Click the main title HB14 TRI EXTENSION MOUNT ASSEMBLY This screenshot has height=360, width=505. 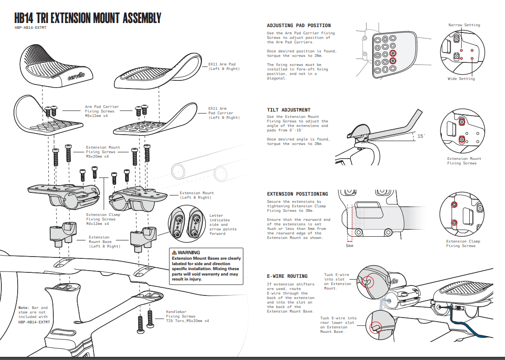tap(87, 19)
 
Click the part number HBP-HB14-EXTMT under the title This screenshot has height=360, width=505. tap(31, 28)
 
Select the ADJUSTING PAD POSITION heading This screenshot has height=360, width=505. tap(299, 26)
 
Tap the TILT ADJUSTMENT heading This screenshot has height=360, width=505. tap(289, 110)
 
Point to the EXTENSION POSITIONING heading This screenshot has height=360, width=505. tap(297, 194)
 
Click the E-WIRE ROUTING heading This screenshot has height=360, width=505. tap(287, 276)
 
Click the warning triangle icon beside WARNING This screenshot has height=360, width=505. tap(174, 252)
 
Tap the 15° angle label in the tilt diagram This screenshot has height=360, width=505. tap(421, 136)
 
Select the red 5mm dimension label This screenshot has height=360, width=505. tap(350, 246)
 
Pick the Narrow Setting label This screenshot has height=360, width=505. tap(464, 25)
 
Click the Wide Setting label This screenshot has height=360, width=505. tap(461, 79)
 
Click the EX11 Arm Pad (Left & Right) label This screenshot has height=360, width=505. tap(224, 66)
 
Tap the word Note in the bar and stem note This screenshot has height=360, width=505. tap(23, 308)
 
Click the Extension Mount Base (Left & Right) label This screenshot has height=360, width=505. tap(104, 242)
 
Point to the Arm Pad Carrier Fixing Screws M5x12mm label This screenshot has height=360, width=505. tap(102, 111)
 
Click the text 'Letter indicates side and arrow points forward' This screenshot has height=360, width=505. tap(219, 224)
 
